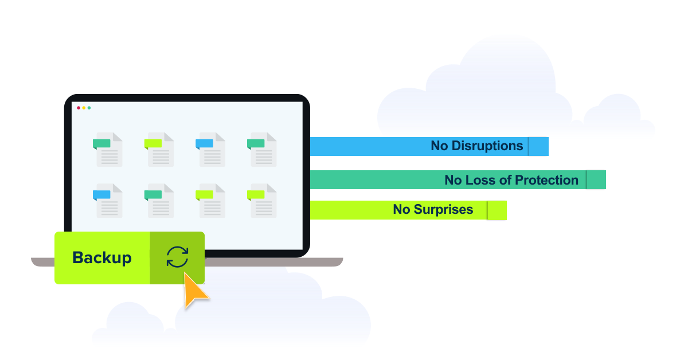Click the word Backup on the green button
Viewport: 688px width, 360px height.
tap(102, 258)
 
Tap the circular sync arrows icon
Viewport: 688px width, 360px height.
tap(177, 257)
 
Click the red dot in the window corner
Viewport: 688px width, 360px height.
tap(79, 108)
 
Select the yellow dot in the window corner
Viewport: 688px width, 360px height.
tap(84, 108)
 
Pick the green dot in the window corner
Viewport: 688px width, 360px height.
tap(89, 108)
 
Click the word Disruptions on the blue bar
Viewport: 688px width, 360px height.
tap(487, 146)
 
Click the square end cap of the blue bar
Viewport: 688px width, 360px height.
tap(538, 146)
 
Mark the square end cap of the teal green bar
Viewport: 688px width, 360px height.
tap(596, 180)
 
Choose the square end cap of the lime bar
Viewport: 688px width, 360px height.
tap(497, 210)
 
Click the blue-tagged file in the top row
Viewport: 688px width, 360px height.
tap(210, 150)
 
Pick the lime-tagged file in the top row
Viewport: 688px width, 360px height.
tap(159, 150)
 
